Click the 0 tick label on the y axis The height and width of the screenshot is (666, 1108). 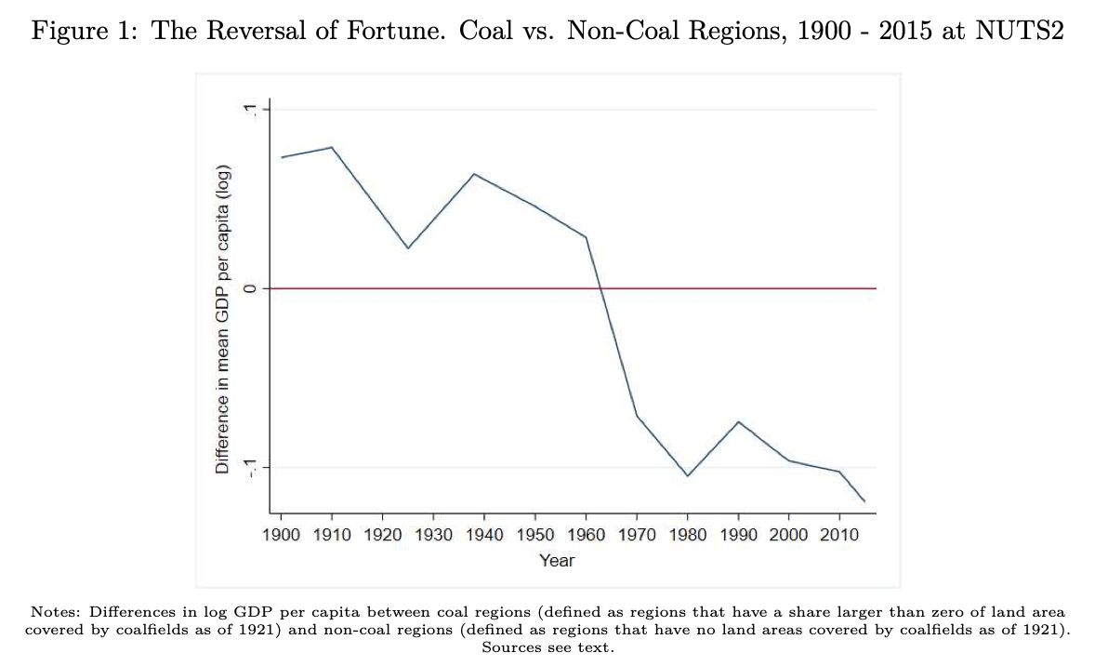coord(248,288)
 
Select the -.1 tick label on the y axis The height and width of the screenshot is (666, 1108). coord(248,467)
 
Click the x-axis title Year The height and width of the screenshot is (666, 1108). coord(557,560)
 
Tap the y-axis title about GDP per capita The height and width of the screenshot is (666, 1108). coord(223,321)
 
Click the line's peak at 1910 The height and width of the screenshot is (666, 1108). coord(332,147)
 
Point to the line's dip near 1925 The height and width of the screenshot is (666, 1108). coord(407,248)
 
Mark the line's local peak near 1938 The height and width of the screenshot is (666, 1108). coord(474,174)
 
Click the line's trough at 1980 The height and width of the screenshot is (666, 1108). coord(688,476)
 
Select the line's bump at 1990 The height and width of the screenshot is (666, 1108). coord(738,421)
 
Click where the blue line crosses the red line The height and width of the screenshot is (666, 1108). coord(601,288)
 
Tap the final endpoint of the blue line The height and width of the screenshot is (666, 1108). coord(864,501)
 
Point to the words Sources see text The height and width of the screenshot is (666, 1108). coord(548,646)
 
